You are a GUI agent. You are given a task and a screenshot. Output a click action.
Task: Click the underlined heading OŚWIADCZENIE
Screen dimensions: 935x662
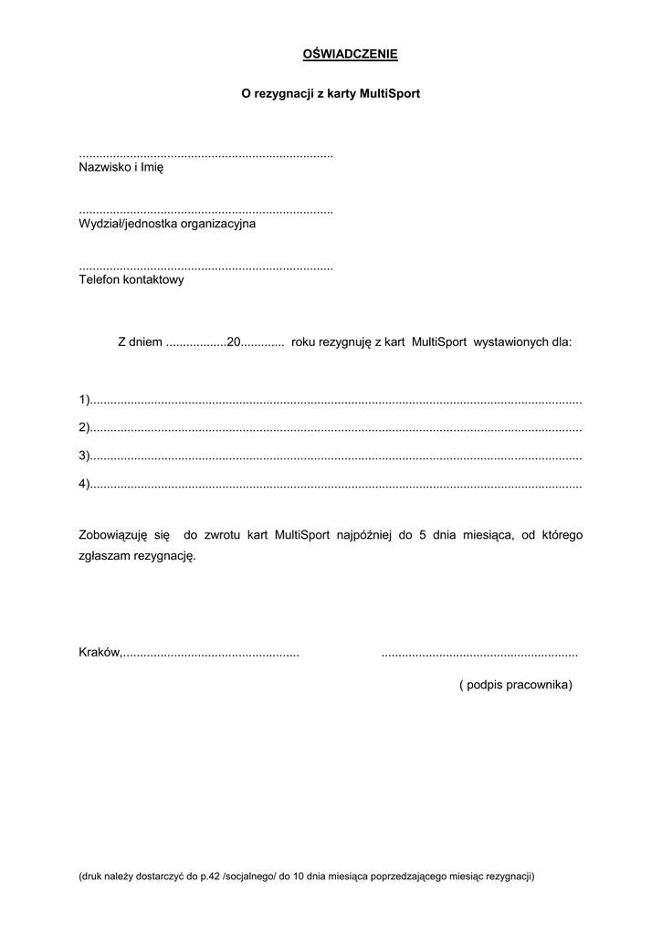(350, 55)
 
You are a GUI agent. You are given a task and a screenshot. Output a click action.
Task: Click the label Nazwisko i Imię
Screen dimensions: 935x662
(121, 168)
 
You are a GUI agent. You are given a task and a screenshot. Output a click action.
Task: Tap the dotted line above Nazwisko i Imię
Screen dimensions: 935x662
(205, 155)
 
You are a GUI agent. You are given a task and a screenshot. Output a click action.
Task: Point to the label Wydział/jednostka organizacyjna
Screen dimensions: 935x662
(167, 224)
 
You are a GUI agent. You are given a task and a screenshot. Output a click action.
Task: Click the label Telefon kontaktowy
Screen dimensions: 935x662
(131, 280)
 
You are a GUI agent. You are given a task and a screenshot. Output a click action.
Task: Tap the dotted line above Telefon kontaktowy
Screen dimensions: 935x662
(205, 268)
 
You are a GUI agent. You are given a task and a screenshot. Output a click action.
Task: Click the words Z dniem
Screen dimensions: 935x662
(140, 342)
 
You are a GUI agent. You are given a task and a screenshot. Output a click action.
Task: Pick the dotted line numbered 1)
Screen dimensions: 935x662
(336, 401)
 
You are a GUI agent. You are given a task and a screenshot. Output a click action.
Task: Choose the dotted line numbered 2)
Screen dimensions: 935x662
(336, 428)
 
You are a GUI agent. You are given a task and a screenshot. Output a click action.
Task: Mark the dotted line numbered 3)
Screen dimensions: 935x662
(336, 456)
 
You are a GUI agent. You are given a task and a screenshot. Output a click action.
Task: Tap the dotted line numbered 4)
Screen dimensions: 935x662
(336, 484)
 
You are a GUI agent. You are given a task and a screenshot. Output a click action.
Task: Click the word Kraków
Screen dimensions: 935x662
(100, 653)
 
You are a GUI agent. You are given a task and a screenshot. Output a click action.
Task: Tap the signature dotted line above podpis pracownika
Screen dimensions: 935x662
(478, 654)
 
